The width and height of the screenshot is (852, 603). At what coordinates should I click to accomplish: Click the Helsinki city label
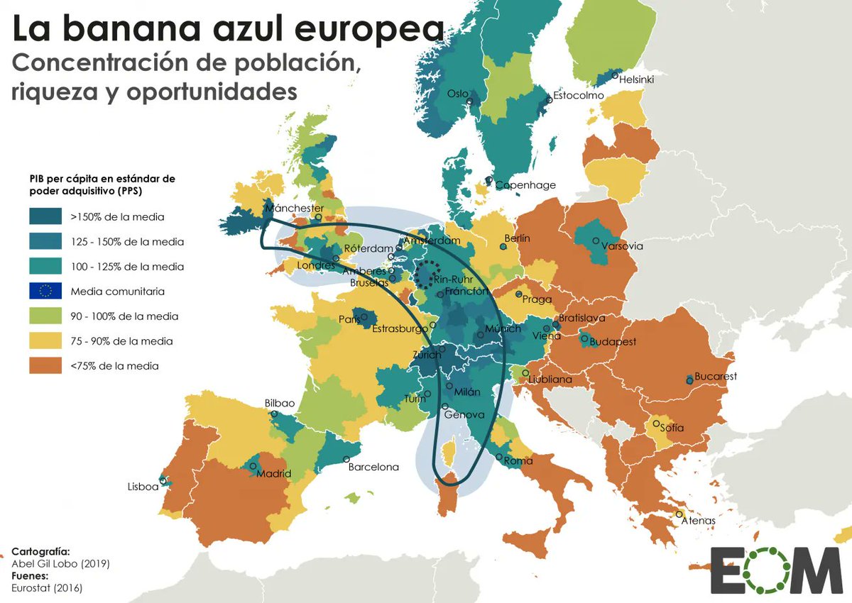637,79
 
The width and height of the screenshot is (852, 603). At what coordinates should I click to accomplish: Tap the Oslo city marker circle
469,101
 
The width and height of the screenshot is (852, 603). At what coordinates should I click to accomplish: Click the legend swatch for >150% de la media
46,217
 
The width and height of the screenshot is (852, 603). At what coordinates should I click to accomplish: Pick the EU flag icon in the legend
46,291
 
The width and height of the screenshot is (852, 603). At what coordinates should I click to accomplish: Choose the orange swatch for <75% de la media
46,366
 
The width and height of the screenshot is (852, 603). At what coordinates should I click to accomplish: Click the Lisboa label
143,487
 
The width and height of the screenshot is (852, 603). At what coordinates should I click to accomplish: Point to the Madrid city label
274,474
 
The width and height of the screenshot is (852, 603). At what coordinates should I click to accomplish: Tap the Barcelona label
373,468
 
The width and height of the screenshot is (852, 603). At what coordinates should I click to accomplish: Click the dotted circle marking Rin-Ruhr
426,274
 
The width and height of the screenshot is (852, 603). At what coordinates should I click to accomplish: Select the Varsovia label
622,246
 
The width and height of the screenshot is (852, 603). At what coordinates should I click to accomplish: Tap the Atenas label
698,521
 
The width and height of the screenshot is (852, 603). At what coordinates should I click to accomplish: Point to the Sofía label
672,428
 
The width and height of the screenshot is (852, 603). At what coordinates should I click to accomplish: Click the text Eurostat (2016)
42,587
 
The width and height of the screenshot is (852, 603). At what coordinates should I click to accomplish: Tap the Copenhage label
525,185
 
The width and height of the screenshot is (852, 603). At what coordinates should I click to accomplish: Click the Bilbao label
280,403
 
